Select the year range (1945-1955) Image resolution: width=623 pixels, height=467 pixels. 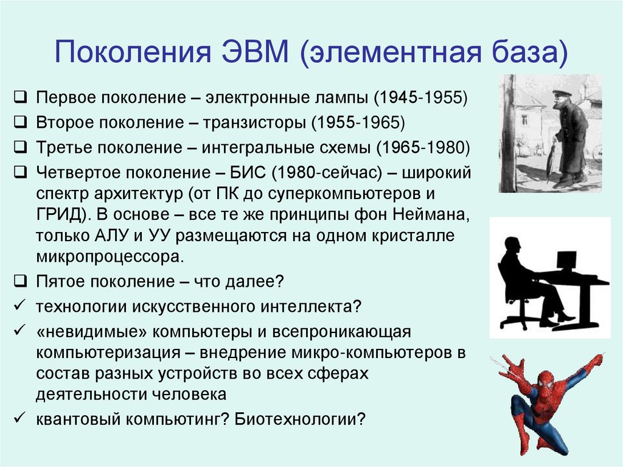(x=420, y=97)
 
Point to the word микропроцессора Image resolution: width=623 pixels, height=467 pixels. (x=110, y=256)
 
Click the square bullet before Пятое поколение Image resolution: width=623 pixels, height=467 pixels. (x=20, y=281)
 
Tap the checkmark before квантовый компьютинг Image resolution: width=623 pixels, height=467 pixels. (x=19, y=419)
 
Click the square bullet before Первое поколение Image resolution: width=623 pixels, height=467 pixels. (x=20, y=97)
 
